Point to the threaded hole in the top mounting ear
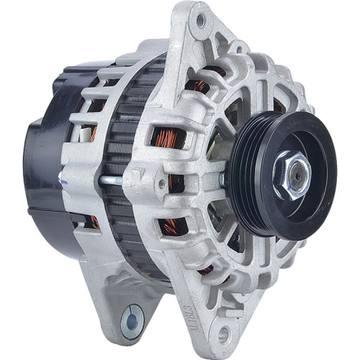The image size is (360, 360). pos(198,21)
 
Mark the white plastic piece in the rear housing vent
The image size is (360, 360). pos(93,132)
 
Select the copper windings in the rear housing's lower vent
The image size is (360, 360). pos(94,220)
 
